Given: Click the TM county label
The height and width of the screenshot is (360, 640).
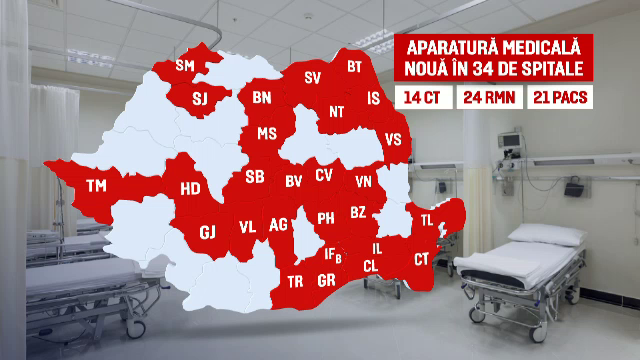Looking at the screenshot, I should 96,186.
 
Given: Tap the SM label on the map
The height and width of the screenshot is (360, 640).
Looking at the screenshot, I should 185,66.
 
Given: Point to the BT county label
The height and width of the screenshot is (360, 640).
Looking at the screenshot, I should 354,67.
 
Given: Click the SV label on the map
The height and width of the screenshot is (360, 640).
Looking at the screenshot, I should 312,78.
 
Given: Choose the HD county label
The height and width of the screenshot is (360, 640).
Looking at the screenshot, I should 190,188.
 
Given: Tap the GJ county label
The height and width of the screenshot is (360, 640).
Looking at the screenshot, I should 208,232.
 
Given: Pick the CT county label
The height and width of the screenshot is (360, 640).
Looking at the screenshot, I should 421,259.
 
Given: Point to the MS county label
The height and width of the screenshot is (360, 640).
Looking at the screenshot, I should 267,134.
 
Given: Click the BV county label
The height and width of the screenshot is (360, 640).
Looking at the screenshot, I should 294,181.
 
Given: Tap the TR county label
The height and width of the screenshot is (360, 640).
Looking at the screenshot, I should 295,282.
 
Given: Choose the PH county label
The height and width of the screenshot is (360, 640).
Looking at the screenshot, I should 326,218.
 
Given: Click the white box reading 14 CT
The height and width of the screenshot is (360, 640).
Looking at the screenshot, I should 423,98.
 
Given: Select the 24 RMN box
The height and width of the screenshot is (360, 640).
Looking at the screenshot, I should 487,98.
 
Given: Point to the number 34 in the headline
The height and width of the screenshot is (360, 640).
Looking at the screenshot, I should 482,70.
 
